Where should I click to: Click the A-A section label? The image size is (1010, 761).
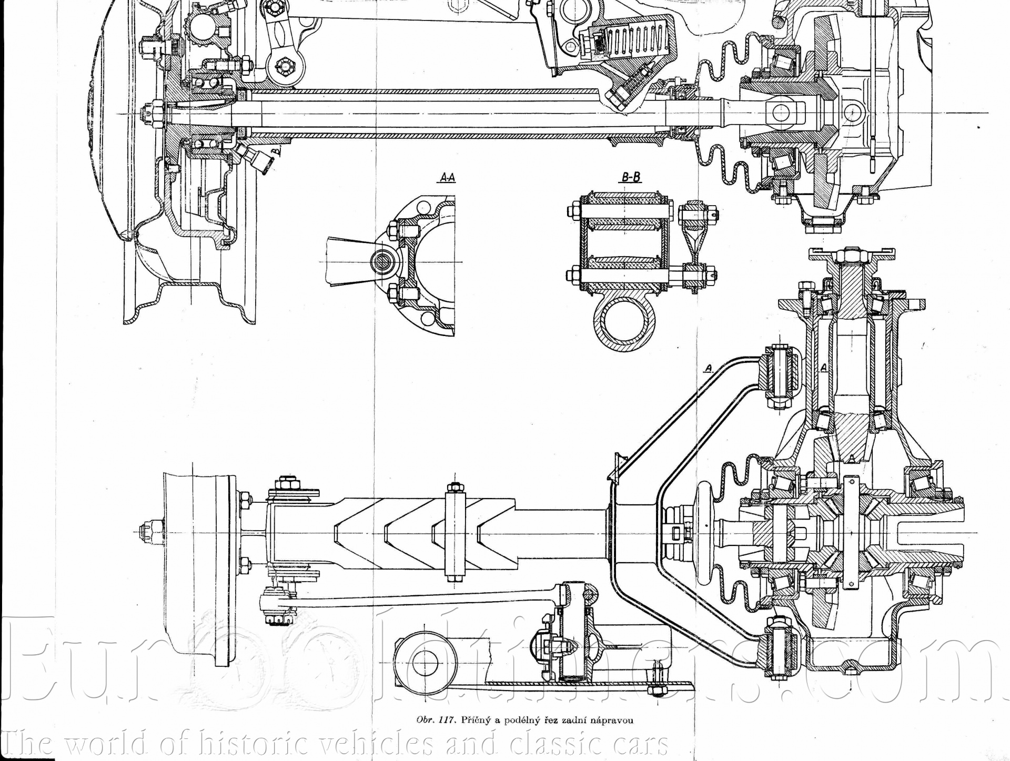[x=447, y=178]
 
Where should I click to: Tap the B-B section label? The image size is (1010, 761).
[x=631, y=177]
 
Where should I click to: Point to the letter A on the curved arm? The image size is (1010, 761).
[x=709, y=369]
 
